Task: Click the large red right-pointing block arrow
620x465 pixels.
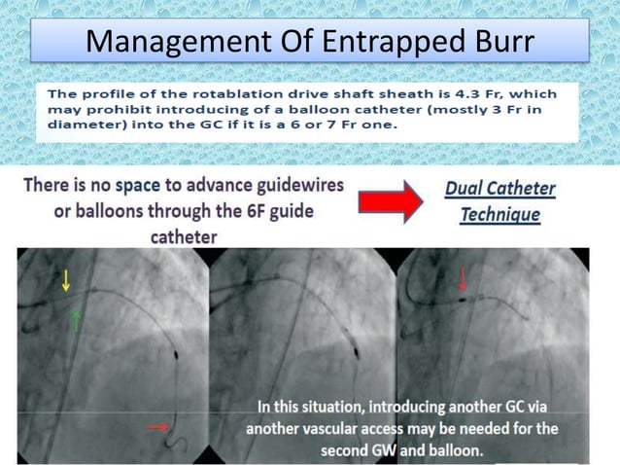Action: (x=390, y=200)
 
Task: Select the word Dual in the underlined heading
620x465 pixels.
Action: (x=464, y=188)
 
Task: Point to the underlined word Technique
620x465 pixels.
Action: (x=499, y=213)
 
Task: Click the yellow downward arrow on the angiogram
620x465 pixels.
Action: (x=65, y=280)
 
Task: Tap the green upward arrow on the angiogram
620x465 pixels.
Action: (x=75, y=319)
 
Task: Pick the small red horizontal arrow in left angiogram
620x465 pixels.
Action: (x=157, y=425)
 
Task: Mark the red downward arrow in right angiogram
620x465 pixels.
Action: (x=463, y=280)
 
